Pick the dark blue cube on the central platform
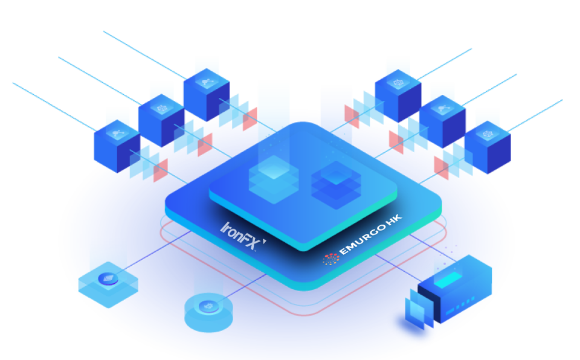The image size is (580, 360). pos(335,180)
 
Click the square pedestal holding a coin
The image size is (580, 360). pos(108,284)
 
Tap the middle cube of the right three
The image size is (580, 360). pos(442,121)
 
